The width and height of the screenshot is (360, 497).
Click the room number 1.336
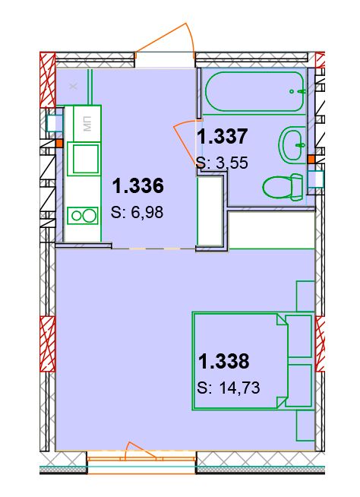click(x=138, y=185)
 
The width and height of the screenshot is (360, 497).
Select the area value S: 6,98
click(x=137, y=212)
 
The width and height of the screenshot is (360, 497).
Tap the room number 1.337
click(x=222, y=137)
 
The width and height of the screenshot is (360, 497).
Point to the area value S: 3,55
click(x=222, y=163)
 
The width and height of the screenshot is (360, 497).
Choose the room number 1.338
click(x=224, y=361)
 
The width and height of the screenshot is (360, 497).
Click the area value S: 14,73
click(x=229, y=388)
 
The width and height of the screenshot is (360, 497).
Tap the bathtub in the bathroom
click(x=255, y=91)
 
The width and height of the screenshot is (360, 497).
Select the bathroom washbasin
click(x=294, y=145)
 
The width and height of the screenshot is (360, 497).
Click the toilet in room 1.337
click(x=283, y=187)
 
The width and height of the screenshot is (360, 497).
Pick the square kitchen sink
click(x=83, y=159)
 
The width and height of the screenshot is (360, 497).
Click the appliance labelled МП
click(x=87, y=124)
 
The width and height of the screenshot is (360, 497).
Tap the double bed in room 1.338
click(x=253, y=361)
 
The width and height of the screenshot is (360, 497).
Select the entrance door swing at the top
click(x=165, y=40)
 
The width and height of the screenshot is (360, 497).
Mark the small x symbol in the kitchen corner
click(x=74, y=86)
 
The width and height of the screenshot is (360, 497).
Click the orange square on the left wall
click(x=59, y=144)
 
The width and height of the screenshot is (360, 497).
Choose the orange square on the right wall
click(x=311, y=159)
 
